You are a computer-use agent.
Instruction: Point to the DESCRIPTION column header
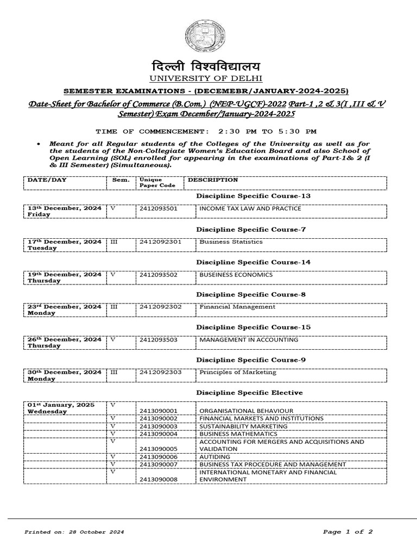point(213,180)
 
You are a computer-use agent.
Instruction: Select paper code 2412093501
point(159,208)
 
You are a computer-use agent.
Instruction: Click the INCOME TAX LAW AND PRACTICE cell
point(250,208)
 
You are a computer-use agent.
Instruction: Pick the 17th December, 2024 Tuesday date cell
point(65,244)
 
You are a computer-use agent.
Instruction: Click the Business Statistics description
point(231,242)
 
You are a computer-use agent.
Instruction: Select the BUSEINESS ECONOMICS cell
point(236,275)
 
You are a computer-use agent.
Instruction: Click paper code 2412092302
point(160,307)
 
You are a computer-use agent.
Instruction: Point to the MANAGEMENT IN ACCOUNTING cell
point(249,339)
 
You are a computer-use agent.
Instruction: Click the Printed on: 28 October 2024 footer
point(74,532)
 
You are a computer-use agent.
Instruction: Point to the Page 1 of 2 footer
point(347,532)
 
